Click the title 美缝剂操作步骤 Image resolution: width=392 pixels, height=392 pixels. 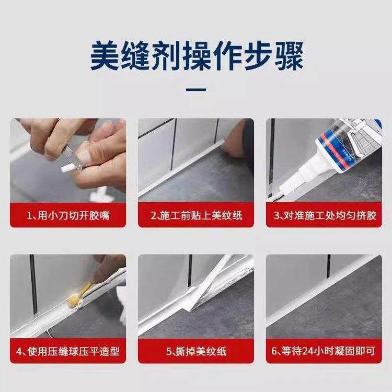pyautogui.click(x=196, y=56)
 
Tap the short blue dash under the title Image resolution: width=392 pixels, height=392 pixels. pyautogui.click(x=196, y=90)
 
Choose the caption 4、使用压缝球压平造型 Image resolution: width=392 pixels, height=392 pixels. pyautogui.click(x=68, y=351)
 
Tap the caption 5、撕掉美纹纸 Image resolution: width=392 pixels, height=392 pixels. pyautogui.click(x=196, y=351)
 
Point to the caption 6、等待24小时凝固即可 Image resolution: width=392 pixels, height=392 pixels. pyautogui.click(x=324, y=351)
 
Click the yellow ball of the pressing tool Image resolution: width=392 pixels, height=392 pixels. pyautogui.click(x=74, y=299)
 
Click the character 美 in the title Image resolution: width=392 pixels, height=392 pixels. pyautogui.click(x=105, y=56)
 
